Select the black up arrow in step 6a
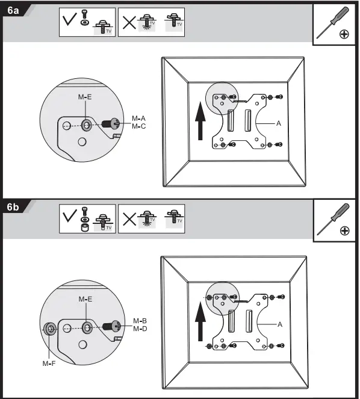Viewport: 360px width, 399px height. click(x=199, y=119)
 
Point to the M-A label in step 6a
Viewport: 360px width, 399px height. click(x=139, y=118)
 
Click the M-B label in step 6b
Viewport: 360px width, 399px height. click(x=140, y=320)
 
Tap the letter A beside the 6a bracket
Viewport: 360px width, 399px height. click(x=279, y=123)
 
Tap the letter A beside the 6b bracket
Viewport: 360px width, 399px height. click(x=279, y=324)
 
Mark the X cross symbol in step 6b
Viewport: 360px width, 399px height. click(x=128, y=220)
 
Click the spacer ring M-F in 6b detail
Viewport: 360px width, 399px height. click(x=50, y=328)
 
